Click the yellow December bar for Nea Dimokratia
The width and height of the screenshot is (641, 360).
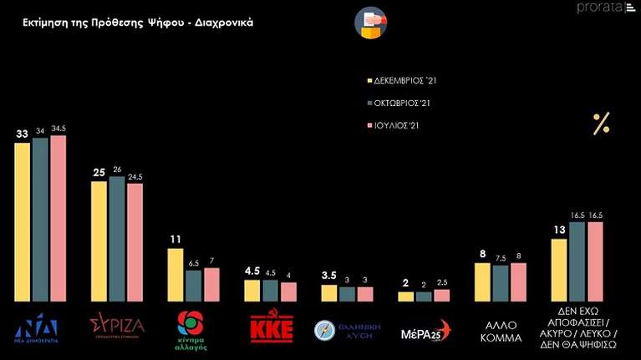coord(23,221)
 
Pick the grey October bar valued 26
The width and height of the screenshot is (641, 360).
coord(117,239)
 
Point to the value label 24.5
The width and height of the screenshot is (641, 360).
coord(135,176)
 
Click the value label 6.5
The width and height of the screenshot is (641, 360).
coord(193,263)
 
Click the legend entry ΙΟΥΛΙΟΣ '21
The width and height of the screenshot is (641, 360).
coord(398,126)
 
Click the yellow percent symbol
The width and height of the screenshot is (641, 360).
coord(601,124)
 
